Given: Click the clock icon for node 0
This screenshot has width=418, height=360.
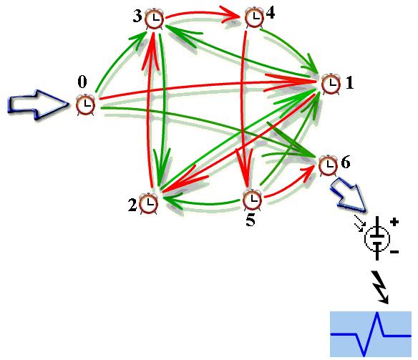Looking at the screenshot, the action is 85,104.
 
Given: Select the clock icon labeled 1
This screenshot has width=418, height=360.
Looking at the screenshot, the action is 331,84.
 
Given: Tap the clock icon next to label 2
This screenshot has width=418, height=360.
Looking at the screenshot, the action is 148,203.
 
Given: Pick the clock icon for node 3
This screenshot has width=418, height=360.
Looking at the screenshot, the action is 154,18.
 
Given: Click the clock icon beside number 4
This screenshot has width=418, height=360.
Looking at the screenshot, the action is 254,16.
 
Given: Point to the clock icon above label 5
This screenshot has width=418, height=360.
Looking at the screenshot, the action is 252,199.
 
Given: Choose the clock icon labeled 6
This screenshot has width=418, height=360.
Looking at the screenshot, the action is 328,165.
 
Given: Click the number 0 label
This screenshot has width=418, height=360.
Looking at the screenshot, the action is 82,82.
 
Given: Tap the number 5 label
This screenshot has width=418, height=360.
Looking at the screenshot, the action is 250,220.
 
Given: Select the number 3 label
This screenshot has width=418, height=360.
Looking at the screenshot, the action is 137,16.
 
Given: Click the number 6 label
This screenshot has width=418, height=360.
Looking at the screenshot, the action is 346,162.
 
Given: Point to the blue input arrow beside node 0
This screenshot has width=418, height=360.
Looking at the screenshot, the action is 38,104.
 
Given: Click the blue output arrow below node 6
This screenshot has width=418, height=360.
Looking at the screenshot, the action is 349,195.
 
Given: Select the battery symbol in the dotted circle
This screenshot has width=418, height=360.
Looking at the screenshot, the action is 377,238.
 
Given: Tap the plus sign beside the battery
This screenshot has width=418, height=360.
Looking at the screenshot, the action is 394,222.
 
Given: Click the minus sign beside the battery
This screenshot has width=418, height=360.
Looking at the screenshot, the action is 394,251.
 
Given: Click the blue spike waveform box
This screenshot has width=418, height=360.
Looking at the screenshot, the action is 371,334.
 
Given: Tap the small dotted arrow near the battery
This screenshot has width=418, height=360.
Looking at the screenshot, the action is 359,226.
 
